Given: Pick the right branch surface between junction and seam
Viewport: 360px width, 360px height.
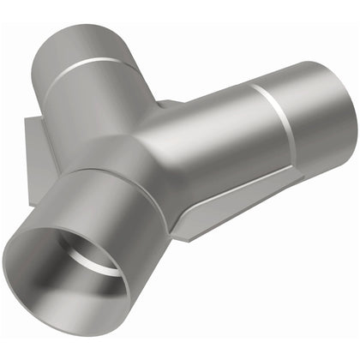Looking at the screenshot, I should coord(214,129).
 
